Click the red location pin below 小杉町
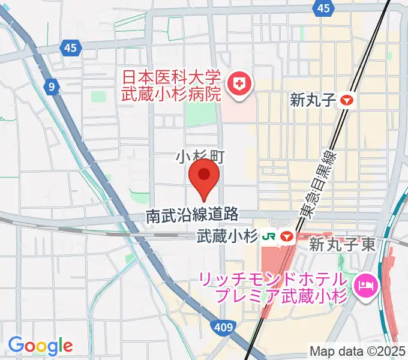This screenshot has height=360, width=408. point(204,176)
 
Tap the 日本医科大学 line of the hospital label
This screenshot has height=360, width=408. point(172,78)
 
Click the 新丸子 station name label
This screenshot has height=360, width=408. point(311,100)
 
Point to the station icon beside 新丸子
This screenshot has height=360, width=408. point(347,100)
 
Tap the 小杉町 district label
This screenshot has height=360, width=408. point(199,157)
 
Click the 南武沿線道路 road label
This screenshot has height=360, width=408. point(193,215)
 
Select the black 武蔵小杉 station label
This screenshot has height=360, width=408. point(228,237)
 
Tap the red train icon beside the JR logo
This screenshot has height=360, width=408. point(287,237)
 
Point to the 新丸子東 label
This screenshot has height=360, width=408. point(342,244)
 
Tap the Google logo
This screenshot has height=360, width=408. point(40,345)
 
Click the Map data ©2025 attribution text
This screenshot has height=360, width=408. point(358,351)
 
